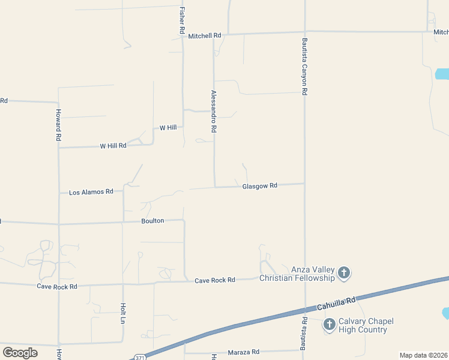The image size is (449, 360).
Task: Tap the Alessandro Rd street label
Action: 213,111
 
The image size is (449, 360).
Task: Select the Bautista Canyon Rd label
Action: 305,67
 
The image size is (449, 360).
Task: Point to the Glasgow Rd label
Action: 259,186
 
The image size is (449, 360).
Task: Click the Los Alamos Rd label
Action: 91,192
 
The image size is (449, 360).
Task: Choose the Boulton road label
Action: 152,221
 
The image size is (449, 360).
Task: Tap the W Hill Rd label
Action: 113,146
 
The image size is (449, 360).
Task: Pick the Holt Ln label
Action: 122,313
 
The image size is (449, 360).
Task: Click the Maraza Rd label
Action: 243,352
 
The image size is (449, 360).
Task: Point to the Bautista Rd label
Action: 304,334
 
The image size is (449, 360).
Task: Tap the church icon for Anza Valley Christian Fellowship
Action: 344,274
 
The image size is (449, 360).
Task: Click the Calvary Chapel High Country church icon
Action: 329,325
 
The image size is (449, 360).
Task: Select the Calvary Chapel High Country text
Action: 366,325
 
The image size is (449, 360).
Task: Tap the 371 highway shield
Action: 139,357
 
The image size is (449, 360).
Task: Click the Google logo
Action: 20,352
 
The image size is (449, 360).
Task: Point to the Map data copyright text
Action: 423,355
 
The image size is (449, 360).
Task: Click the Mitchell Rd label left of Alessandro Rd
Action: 204,36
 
